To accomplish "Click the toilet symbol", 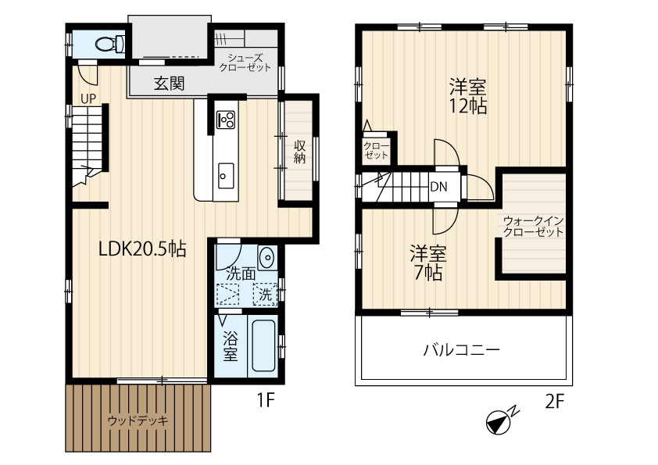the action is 109,43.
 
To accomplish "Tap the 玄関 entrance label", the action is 169,84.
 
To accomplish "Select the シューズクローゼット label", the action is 245,63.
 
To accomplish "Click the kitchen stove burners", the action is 225,120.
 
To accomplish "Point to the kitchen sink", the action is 226,176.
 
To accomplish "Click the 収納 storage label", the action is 299,152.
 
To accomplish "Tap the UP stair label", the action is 88,98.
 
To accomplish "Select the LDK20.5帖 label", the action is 142,249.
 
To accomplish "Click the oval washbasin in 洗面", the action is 266,257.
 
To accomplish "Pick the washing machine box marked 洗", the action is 265,294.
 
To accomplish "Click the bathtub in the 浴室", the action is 263,345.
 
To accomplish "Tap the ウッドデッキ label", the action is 138,420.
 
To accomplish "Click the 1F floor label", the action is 266,400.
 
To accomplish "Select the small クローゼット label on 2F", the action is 376,151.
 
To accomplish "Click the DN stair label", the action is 439,187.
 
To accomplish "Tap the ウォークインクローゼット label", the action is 533,226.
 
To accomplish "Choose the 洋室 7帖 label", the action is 428,263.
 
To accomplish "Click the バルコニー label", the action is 462,349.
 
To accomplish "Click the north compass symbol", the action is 502,420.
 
